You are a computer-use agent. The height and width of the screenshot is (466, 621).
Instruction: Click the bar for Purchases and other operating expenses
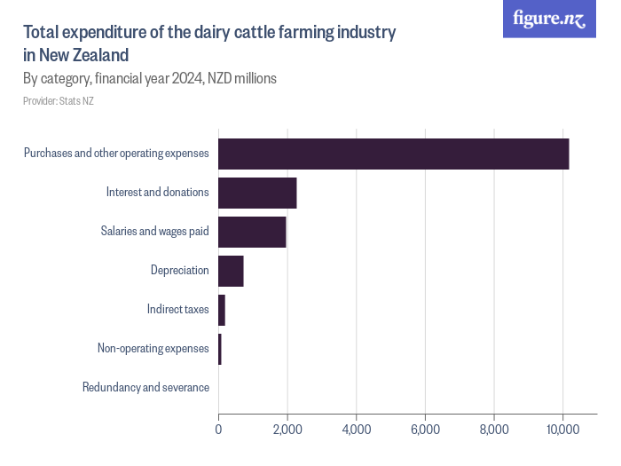click(x=393, y=154)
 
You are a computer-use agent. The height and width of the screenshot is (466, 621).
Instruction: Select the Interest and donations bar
click(x=257, y=193)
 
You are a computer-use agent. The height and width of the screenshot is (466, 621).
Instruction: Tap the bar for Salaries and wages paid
click(x=252, y=232)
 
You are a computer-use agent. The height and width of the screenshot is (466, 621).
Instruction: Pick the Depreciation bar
click(x=231, y=271)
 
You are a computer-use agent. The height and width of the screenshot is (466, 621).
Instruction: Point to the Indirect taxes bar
click(x=222, y=310)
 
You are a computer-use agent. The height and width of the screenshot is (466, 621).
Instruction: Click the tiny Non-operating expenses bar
click(x=220, y=349)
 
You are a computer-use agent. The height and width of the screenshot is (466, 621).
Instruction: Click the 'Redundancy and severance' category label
click(x=145, y=388)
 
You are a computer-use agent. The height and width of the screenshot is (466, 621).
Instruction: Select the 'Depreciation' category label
click(x=180, y=271)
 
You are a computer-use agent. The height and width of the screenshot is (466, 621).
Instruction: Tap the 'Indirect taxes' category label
click(x=178, y=310)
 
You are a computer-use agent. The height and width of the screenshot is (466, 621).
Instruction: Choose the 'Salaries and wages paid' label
click(x=155, y=232)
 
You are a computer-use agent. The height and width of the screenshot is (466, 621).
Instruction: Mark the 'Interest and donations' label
click(x=157, y=193)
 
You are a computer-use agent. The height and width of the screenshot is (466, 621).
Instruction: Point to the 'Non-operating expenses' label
click(x=153, y=349)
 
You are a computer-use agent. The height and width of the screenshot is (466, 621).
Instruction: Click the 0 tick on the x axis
click(x=218, y=430)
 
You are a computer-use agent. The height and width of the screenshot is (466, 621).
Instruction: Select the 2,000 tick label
click(x=287, y=430)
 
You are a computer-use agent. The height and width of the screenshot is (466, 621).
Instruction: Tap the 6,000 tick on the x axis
click(x=425, y=430)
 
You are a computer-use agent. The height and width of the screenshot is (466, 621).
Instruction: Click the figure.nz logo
click(x=549, y=20)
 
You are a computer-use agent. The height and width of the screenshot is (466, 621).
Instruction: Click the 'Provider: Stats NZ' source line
click(x=59, y=101)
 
